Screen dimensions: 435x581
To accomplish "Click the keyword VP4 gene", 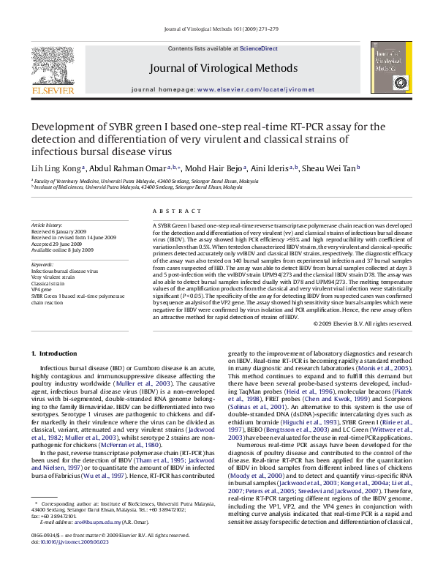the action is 42,289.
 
